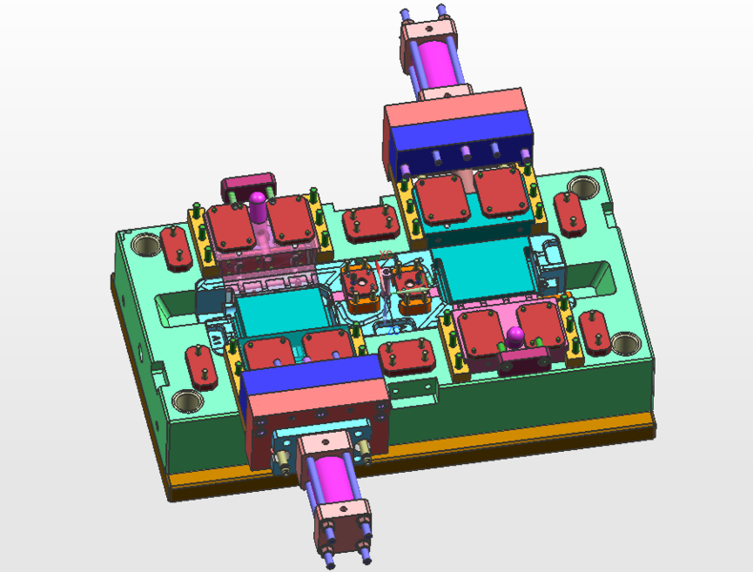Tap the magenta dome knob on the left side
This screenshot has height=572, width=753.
259,202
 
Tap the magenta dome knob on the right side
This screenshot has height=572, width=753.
515,335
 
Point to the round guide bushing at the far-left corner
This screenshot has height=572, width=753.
146,245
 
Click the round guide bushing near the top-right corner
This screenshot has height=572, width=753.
580,187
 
